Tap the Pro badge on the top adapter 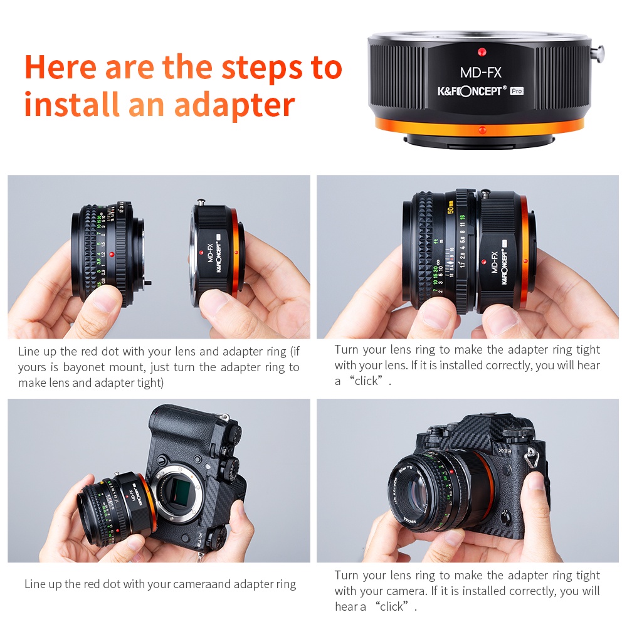[x=516, y=91]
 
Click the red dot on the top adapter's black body [x=481, y=51]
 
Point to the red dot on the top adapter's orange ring [x=481, y=130]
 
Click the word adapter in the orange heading [x=234, y=105]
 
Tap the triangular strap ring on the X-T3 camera [x=532, y=453]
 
